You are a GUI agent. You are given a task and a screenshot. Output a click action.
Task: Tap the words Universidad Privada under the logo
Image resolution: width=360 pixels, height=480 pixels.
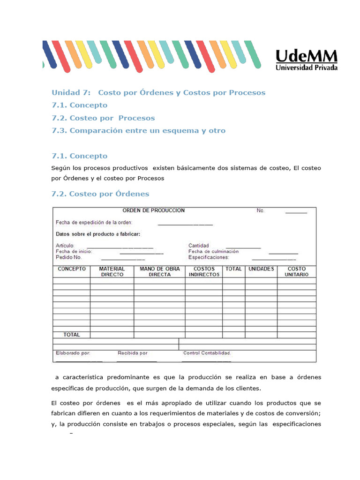pyautogui.click(x=306, y=67)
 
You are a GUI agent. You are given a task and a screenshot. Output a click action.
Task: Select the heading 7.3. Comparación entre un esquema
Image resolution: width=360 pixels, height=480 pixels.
pyautogui.click(x=138, y=130)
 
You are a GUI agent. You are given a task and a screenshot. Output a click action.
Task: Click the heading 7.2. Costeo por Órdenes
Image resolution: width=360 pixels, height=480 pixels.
pyautogui.click(x=100, y=194)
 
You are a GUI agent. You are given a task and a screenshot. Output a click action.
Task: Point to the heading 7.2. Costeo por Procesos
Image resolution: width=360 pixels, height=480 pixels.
pyautogui.click(x=103, y=118)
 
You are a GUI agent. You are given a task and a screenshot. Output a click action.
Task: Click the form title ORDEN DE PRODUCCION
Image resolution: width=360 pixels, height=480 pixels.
pyautogui.click(x=153, y=210)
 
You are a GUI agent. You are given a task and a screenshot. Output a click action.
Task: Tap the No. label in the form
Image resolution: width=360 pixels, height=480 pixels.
pyautogui.click(x=261, y=211)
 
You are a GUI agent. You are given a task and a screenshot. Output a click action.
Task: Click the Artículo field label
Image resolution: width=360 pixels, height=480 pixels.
pyautogui.click(x=64, y=246)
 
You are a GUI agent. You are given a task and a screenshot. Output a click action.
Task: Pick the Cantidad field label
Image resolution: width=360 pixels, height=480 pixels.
pyautogui.click(x=199, y=246)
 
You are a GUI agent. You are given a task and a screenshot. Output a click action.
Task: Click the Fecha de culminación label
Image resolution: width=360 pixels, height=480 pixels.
pyautogui.click(x=213, y=251)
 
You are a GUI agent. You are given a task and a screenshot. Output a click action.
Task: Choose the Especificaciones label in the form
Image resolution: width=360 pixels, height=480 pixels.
pyautogui.click(x=209, y=257)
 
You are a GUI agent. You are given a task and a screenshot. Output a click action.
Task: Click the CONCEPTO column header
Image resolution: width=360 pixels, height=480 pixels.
pyautogui.click(x=72, y=269)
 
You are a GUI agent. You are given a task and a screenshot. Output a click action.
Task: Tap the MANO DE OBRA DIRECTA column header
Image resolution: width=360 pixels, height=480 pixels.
pyautogui.click(x=159, y=272)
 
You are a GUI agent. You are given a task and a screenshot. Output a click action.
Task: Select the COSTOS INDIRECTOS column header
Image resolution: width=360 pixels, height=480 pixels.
pyautogui.click(x=204, y=272)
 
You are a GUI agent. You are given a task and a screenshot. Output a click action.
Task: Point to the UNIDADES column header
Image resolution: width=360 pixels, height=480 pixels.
pyautogui.click(x=261, y=269)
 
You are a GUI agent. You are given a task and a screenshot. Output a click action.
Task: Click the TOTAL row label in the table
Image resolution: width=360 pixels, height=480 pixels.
pyautogui.click(x=72, y=335)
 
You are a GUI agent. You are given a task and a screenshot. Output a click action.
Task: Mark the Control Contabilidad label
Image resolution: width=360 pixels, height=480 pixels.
pyautogui.click(x=207, y=353)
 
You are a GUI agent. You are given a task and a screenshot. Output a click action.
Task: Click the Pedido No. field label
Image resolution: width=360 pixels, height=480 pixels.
pyautogui.click(x=69, y=257)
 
